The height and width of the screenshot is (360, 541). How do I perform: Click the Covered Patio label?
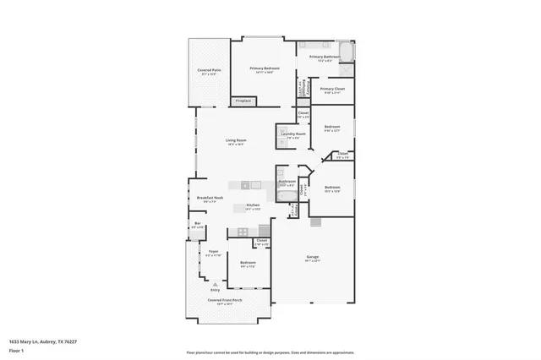point(209,71)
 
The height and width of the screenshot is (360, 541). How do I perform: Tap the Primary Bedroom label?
point(265,68)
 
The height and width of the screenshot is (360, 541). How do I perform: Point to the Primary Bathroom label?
point(325,57)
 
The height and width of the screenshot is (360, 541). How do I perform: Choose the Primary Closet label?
point(332,89)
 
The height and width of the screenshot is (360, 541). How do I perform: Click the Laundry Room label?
point(293,134)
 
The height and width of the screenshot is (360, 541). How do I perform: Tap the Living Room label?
point(236,141)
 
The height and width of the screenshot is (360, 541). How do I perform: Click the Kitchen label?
point(252,206)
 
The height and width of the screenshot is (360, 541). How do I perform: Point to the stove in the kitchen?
point(243,231)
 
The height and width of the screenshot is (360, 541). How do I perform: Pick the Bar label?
point(197,225)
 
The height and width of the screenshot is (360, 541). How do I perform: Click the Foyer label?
point(213,253)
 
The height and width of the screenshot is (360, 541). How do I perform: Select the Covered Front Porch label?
point(225,300)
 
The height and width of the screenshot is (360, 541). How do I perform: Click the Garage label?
point(312,259)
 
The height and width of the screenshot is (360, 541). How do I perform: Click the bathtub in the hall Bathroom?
point(287,199)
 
